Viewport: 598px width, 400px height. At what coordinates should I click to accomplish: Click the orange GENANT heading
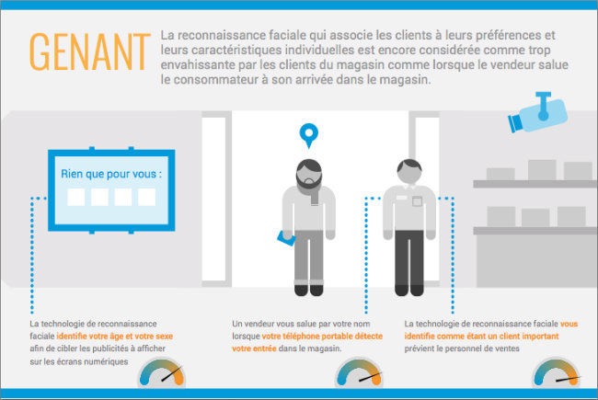tap(89, 51)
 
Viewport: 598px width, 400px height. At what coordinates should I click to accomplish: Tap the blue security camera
tap(538, 112)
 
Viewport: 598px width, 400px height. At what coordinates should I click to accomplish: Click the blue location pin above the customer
tap(309, 135)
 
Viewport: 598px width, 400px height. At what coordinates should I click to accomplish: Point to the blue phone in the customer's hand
tap(286, 238)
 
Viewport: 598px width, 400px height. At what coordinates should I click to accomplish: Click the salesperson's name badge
tap(417, 200)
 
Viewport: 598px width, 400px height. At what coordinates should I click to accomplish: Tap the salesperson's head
tap(409, 172)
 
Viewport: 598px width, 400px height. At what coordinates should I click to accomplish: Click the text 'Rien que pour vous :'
tap(111, 175)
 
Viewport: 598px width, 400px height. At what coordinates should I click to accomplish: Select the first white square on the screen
tap(76, 197)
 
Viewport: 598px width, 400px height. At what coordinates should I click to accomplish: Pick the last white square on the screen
tap(147, 197)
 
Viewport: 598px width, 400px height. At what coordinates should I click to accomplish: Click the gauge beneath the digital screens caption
tap(162, 373)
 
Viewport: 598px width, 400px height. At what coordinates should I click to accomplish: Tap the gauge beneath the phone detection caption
tap(359, 373)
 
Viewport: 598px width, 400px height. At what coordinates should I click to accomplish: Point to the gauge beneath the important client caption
tap(556, 373)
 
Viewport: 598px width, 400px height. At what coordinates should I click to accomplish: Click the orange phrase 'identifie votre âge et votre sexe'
tap(115, 337)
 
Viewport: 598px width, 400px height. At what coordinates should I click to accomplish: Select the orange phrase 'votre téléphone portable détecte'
tap(322, 337)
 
